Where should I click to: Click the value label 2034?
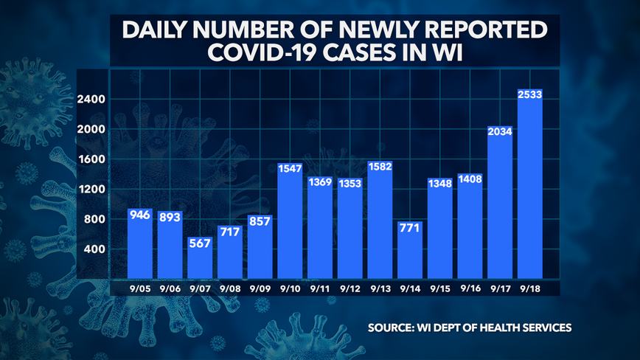click(500, 132)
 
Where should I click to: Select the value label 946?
click(139, 215)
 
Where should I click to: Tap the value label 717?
click(230, 232)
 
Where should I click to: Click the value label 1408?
click(470, 179)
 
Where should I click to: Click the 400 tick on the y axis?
click(96, 249)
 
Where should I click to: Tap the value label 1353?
click(349, 184)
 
